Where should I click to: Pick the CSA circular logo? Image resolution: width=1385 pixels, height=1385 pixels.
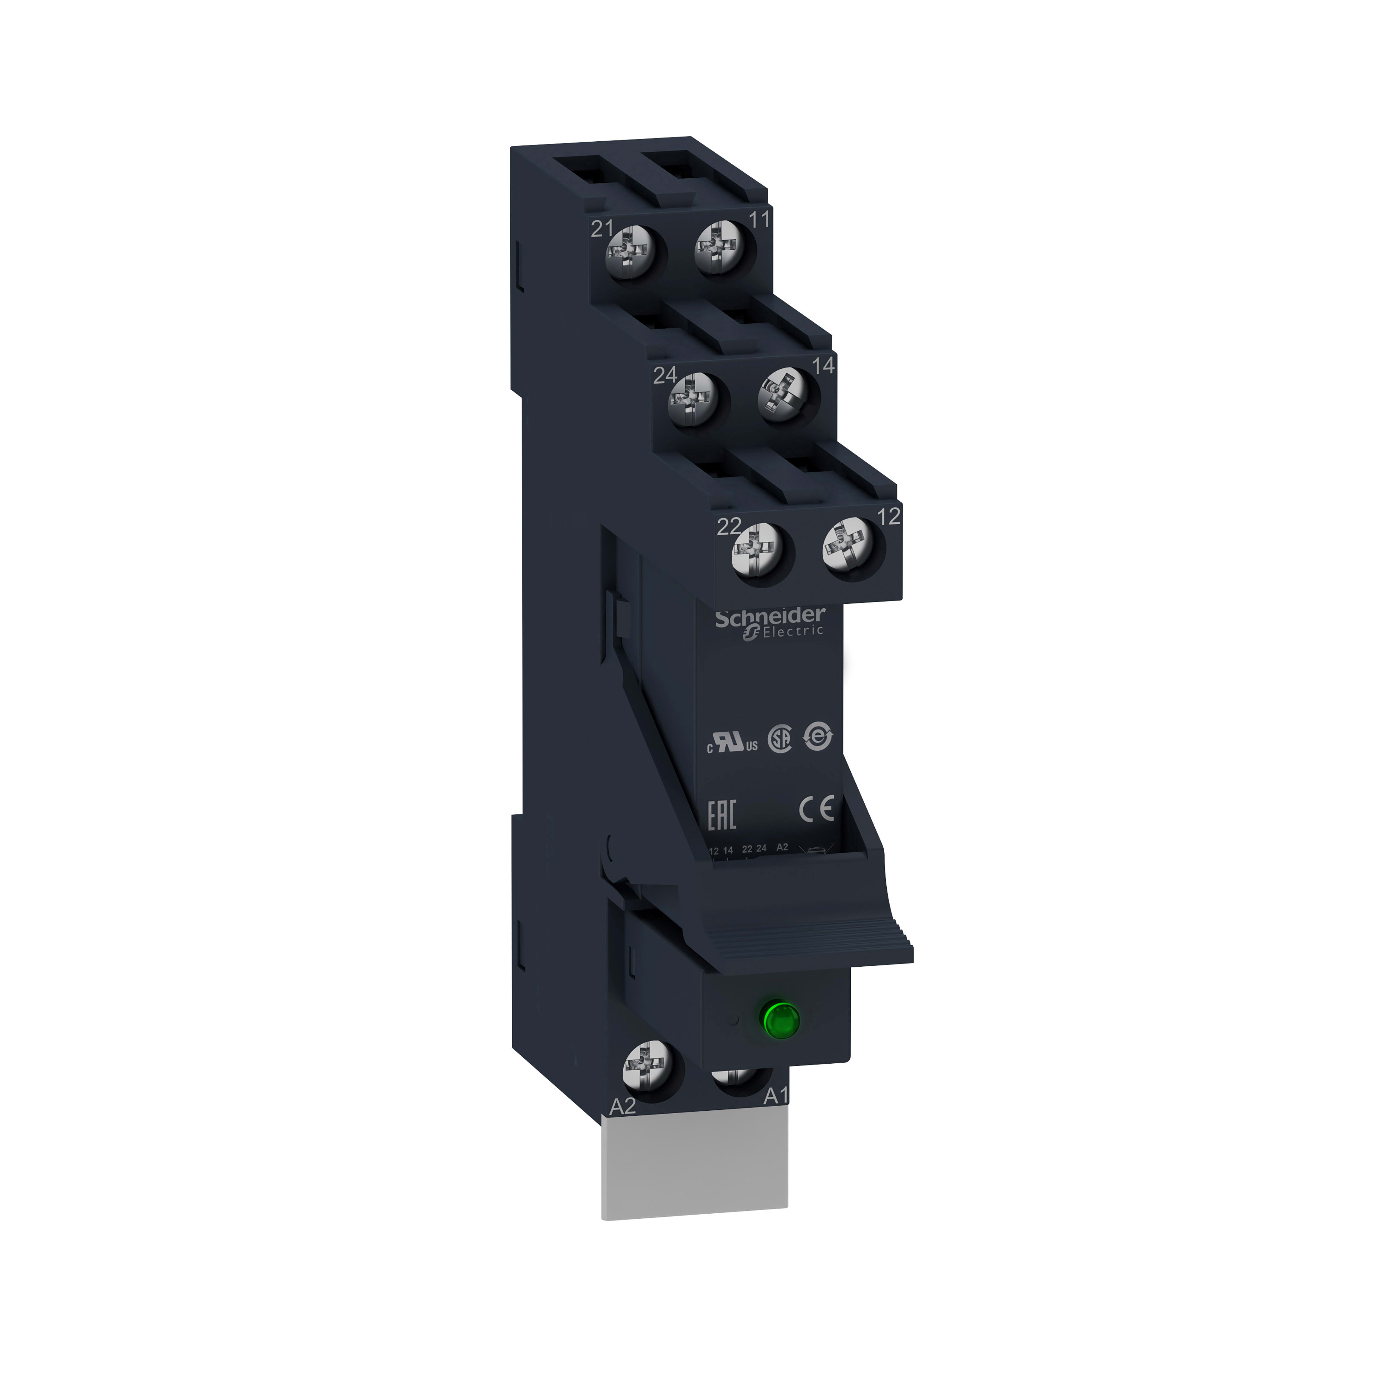pyautogui.click(x=780, y=741)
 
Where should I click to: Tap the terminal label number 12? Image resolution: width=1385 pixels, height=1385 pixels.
pyautogui.click(x=889, y=516)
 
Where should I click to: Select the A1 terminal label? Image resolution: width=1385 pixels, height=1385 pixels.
pyautogui.click(x=776, y=1116)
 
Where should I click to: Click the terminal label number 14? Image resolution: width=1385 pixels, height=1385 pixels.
pyautogui.click(x=824, y=365)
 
